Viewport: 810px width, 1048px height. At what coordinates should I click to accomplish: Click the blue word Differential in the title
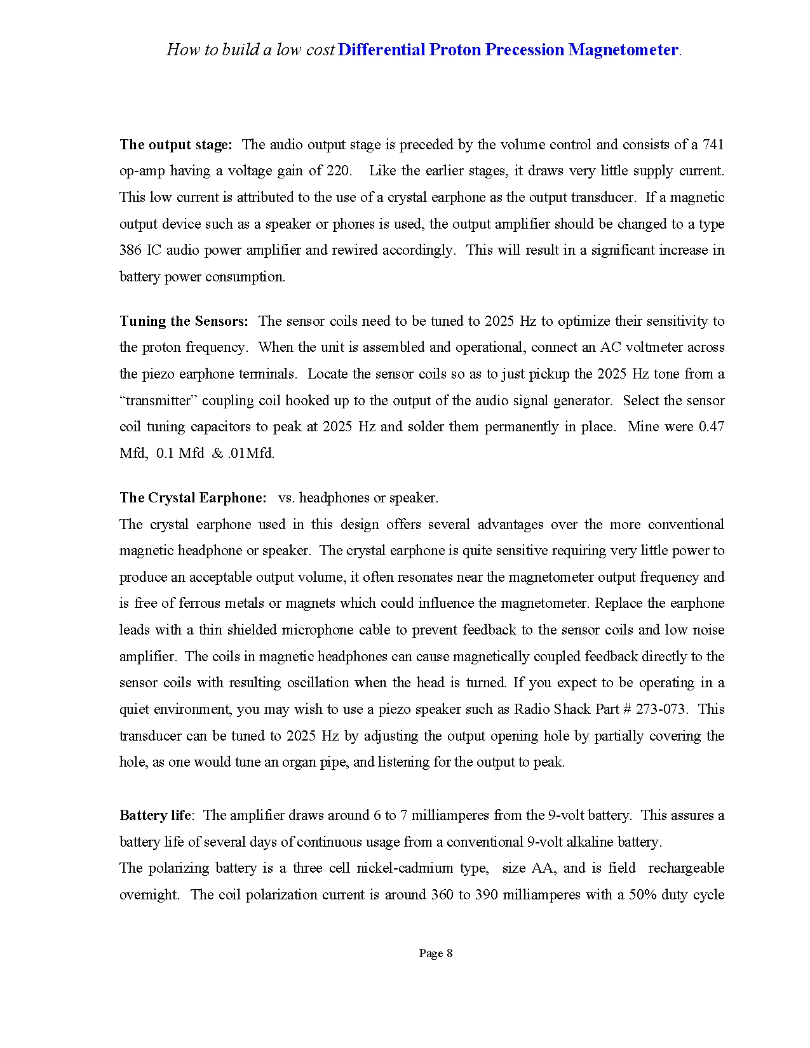click(381, 50)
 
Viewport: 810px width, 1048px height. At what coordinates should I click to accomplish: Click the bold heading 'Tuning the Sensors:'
click(184, 321)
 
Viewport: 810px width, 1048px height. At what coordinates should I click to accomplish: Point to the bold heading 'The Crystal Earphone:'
click(193, 498)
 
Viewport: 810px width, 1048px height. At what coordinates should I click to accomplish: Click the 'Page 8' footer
click(436, 953)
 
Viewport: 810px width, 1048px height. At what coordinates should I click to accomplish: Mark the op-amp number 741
click(713, 145)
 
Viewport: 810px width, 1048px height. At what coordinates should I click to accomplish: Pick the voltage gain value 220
click(339, 171)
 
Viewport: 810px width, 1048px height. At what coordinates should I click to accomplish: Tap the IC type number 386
click(130, 250)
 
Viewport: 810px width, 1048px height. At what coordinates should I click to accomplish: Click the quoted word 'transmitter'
click(158, 401)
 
